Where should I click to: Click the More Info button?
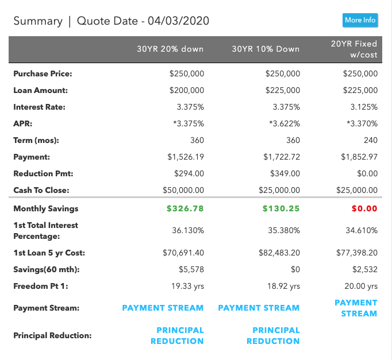pos(360,20)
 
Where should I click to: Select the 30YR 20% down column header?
pos(170,49)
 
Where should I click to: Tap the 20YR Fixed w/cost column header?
pos(354,49)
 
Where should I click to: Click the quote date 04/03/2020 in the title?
pos(178,21)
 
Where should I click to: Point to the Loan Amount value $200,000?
pos(187,90)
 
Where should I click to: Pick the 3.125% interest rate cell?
pos(364,107)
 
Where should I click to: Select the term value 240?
pos(370,140)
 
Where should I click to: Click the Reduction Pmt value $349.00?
pos(285,173)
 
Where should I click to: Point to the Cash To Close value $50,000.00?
pos(183,190)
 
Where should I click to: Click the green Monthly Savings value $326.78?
pos(185,208)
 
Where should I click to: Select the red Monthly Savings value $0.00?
pos(364,208)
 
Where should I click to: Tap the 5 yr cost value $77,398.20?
pos(357,253)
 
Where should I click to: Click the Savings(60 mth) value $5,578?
pos(192,269)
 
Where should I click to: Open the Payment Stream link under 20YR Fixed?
pos(356,308)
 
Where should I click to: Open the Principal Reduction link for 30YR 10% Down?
pos(273,335)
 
